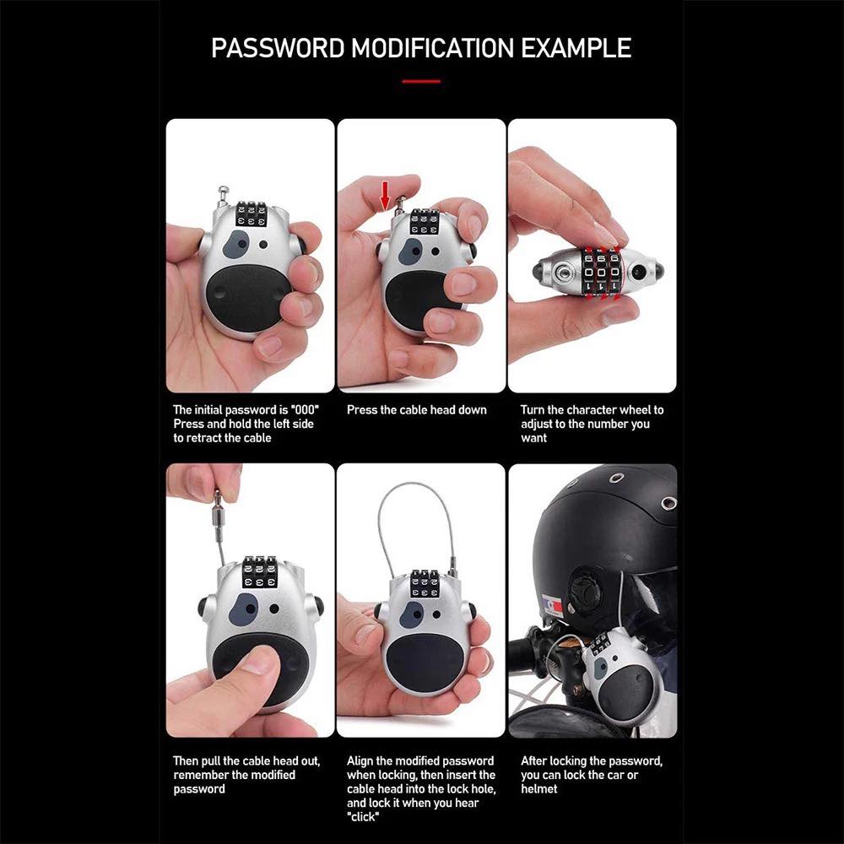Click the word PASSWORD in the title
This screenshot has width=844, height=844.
(278, 48)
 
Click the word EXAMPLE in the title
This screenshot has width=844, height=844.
(576, 48)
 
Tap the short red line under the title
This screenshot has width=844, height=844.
(421, 82)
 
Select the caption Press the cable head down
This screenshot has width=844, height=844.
(417, 410)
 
